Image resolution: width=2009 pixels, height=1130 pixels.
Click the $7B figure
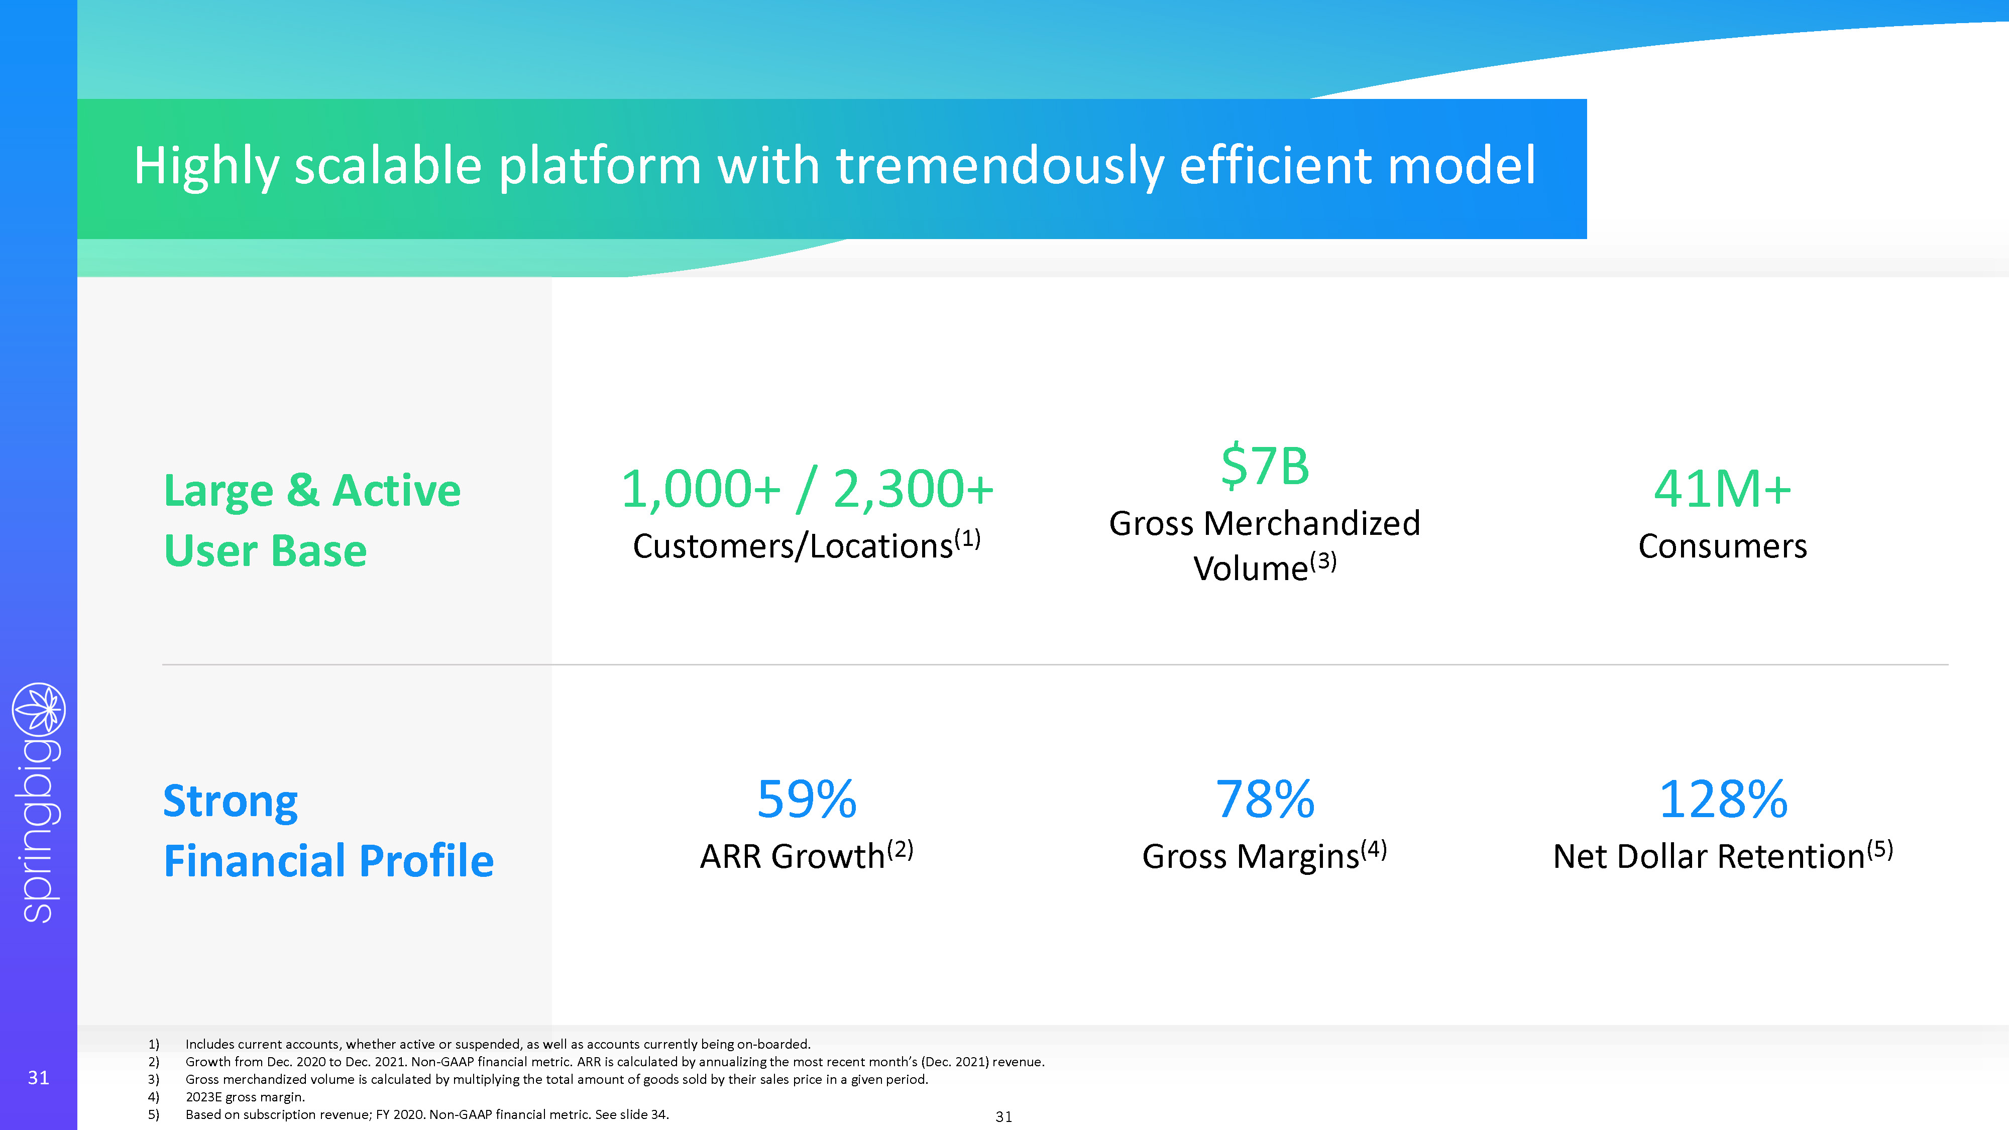1265,467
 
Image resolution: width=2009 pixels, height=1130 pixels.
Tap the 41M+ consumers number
1722,489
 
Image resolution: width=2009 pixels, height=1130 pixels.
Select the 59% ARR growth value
807,800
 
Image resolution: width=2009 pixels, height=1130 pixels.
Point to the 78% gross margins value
1265,800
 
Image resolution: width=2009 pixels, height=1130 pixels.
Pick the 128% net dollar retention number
1723,800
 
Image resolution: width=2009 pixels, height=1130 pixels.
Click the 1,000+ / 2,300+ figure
807,489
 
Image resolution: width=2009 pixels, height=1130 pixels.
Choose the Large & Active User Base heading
312,520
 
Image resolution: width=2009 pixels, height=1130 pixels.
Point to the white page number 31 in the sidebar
38,1078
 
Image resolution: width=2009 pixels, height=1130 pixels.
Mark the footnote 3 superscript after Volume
1323,560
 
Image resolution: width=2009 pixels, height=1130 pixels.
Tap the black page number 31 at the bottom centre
1003,1117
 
